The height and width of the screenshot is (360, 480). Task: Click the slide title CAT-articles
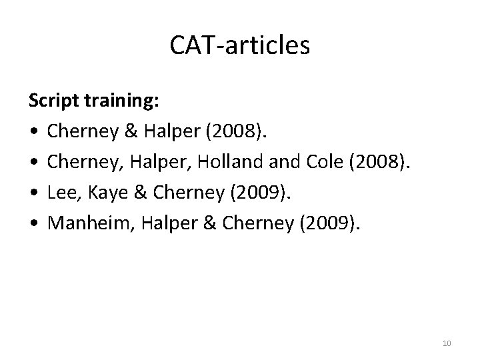(x=240, y=46)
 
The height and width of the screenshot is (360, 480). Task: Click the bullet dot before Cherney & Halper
(x=33, y=132)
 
